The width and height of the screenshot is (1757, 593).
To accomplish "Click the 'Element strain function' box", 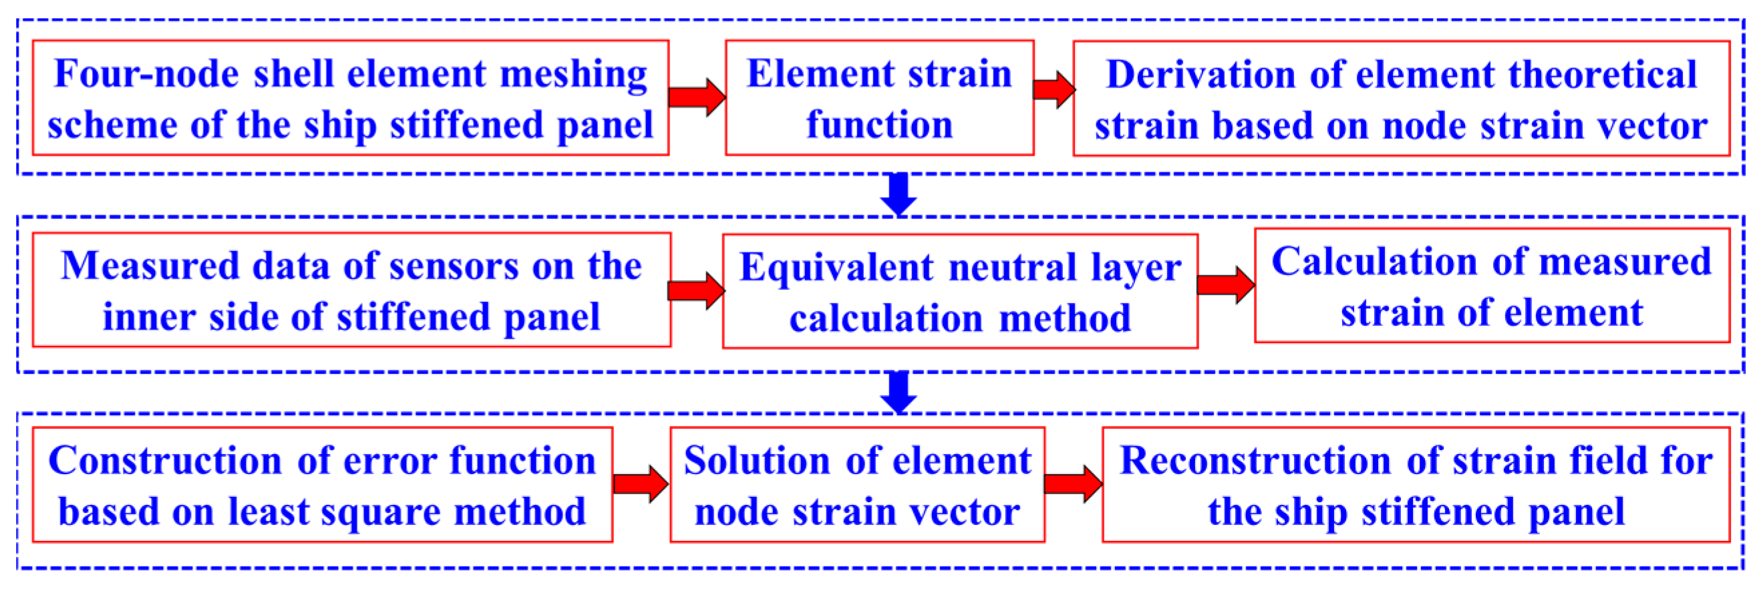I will [879, 98].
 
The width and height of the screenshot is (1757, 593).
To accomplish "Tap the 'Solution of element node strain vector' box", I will [857, 485].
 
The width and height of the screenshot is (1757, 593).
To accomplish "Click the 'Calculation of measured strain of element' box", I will [1492, 286].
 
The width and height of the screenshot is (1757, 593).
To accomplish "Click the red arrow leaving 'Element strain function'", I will [1054, 89].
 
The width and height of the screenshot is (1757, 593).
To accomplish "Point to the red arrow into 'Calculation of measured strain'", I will [1226, 284].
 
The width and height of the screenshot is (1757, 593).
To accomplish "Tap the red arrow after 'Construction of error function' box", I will [641, 484].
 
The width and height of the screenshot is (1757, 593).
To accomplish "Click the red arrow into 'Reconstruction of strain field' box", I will [1073, 484].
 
